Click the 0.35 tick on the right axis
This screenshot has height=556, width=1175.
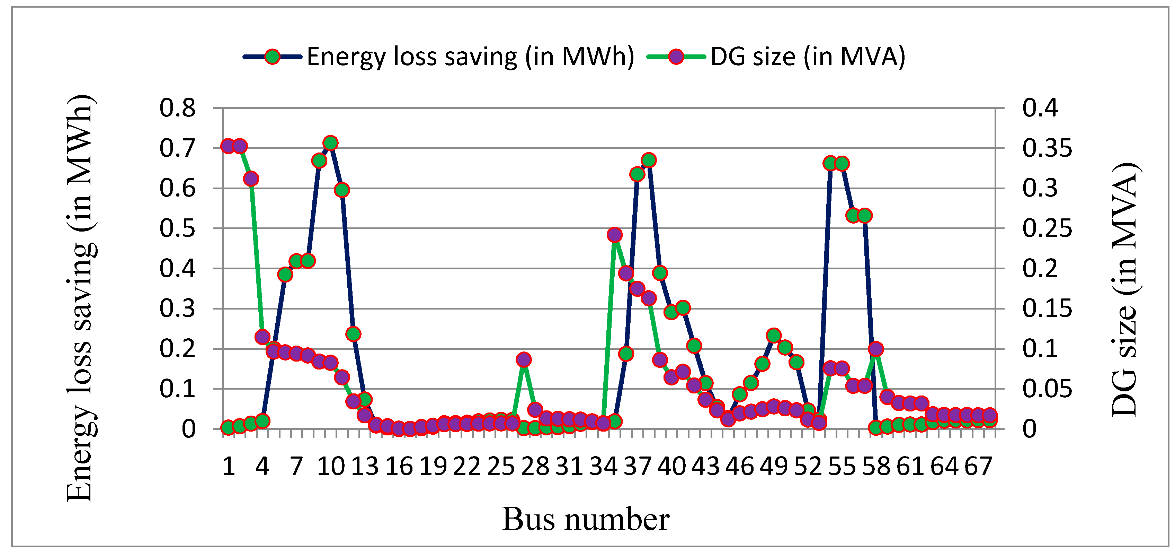(x=1047, y=148)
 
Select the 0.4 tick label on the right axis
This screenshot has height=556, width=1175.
(x=1040, y=108)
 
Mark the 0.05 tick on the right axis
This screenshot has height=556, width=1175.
(x=1047, y=389)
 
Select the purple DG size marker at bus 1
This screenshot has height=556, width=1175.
(x=228, y=146)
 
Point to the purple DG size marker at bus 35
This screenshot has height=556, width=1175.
(x=614, y=235)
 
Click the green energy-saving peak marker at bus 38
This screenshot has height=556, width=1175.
(x=649, y=160)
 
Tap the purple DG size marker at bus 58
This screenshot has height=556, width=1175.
(x=875, y=349)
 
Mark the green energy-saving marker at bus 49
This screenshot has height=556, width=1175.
(x=773, y=336)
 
